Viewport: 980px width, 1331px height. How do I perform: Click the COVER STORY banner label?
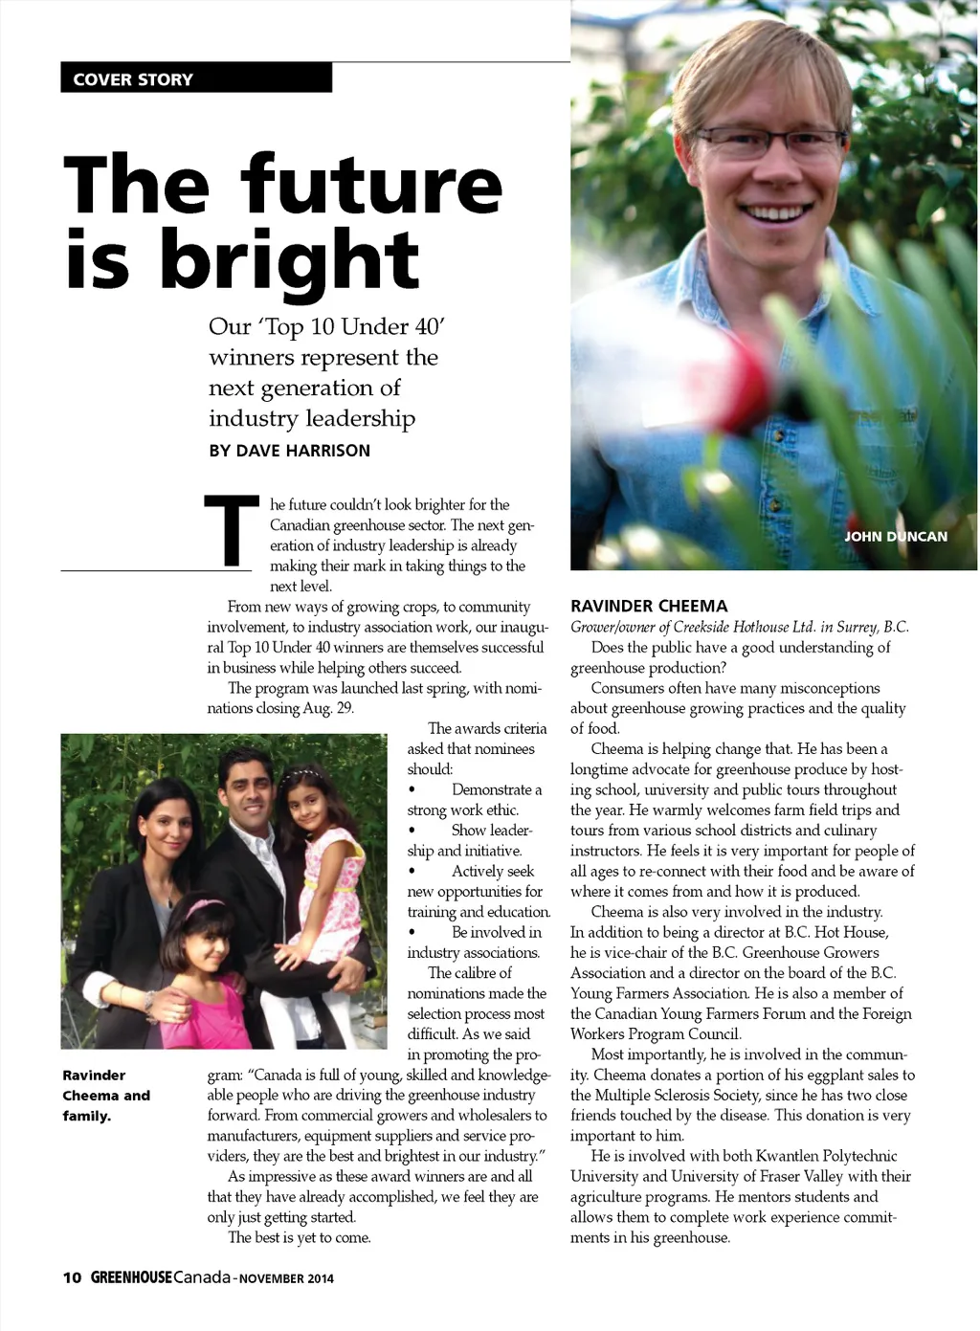(133, 79)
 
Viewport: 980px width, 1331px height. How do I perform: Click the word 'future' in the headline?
(371, 187)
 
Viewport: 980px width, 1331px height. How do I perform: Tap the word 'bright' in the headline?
(289, 261)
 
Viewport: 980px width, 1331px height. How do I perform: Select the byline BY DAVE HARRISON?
(289, 451)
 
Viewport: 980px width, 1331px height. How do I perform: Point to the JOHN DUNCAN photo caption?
(895, 537)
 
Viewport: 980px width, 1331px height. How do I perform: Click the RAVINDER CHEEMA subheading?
(649, 606)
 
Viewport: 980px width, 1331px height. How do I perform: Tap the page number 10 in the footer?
(72, 1278)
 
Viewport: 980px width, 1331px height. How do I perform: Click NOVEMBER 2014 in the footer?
(286, 1278)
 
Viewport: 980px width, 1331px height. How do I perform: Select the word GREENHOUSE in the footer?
(131, 1278)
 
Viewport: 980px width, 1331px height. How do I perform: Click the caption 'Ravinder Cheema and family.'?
(106, 1096)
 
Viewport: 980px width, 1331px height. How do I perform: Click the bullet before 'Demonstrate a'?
(412, 790)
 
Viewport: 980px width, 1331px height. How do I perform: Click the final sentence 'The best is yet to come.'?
(299, 1237)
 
